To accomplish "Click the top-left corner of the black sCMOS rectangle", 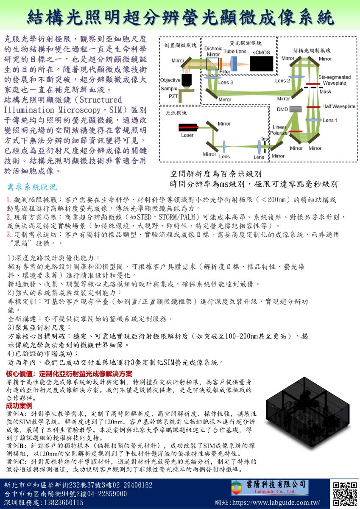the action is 250,56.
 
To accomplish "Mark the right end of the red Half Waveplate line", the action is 321,107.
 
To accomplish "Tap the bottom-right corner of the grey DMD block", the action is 301,112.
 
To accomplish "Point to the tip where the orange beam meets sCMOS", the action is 250,64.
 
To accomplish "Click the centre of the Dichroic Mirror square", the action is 212,64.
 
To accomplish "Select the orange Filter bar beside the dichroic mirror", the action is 220,64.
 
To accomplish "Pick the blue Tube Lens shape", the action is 233,64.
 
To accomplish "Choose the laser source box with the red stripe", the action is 188,128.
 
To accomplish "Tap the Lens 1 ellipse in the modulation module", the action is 313,120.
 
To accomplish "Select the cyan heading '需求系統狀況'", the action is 32,187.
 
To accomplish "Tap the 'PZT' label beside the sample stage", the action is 173,96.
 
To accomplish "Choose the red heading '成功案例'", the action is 20,406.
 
